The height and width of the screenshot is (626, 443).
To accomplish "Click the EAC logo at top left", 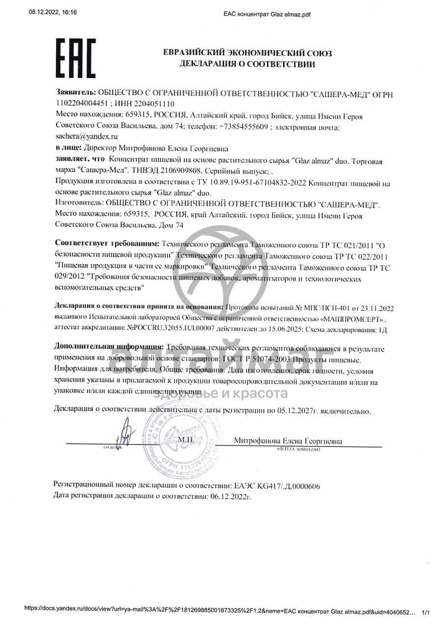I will [x=75, y=58].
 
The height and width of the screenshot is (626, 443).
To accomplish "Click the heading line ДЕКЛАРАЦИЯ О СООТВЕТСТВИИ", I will [x=247, y=64].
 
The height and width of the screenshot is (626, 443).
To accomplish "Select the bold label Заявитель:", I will [x=76, y=92].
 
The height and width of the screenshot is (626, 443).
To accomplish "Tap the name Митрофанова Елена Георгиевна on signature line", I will [x=288, y=441].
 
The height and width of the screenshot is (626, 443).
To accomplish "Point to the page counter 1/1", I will [x=426, y=612].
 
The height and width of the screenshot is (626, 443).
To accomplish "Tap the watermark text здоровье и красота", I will [x=221, y=393].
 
